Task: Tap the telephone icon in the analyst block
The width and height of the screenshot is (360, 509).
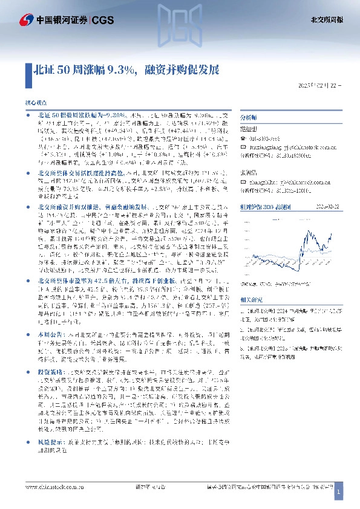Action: pyautogui.click(x=243, y=137)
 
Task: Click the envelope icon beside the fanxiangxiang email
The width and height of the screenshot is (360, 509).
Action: pyautogui.click(x=243, y=146)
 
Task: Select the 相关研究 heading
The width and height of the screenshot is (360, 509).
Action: pyautogui.click(x=251, y=299)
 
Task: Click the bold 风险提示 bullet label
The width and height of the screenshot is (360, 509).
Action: pyautogui.click(x=48, y=443)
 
